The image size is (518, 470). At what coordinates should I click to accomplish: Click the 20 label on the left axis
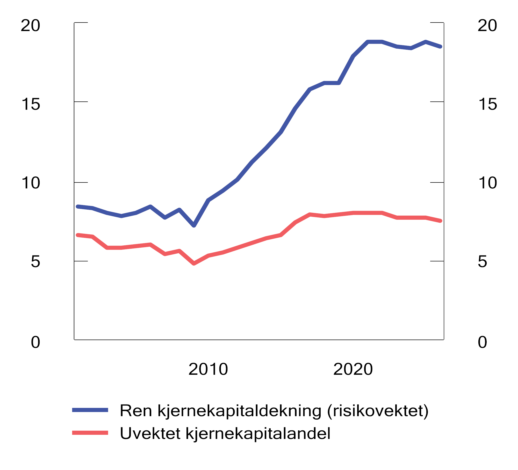[x=30, y=26]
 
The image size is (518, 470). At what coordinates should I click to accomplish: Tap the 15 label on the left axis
[x=30, y=105]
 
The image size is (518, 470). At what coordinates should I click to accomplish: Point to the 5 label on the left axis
[x=35, y=262]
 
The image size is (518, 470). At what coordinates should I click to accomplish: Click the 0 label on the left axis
[x=35, y=342]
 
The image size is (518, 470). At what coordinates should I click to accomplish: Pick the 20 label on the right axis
[x=487, y=26]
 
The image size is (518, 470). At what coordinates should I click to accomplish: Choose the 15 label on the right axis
[x=487, y=105]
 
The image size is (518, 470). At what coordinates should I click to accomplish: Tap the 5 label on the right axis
[x=482, y=262]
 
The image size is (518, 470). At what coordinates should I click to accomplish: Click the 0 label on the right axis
[x=482, y=342]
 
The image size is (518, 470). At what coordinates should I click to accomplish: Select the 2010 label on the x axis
[x=208, y=369]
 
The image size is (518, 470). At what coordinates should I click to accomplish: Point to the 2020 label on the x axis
[x=353, y=369]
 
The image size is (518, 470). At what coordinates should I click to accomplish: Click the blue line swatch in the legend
[x=90, y=410]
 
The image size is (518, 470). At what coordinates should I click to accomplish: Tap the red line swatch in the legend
[x=90, y=433]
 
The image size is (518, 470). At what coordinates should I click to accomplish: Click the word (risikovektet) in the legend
[x=378, y=411]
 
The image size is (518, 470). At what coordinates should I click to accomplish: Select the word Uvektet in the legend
[x=150, y=433]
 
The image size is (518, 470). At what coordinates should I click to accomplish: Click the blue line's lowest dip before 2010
[x=194, y=225]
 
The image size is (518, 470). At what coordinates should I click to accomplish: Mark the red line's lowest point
[x=194, y=263]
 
